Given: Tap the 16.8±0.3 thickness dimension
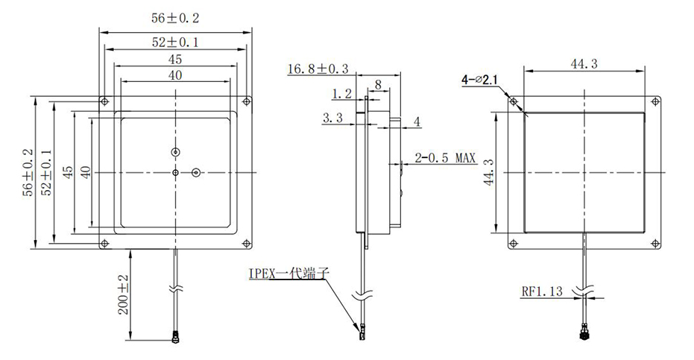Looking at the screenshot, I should tap(317, 69).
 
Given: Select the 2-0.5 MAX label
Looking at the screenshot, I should tap(446, 158).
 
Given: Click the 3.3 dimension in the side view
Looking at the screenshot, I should tap(332, 118).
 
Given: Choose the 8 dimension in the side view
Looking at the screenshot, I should tap(379, 85).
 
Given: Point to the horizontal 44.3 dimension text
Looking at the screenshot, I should tap(584, 64).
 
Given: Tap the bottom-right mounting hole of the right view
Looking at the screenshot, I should tap(655, 241).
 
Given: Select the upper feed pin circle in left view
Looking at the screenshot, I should tap(175, 152).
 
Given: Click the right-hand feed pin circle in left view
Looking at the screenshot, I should tap(195, 172).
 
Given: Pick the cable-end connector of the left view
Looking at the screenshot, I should tap(177, 338).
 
